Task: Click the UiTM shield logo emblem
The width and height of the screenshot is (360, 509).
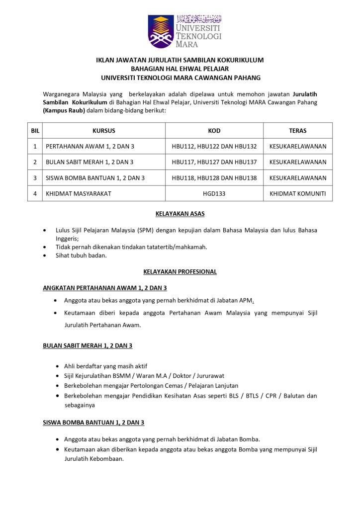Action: click(x=161, y=31)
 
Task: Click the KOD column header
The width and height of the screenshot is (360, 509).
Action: click(x=214, y=131)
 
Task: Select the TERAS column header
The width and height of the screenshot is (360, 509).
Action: click(x=297, y=131)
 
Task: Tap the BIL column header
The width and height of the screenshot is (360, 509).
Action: click(x=35, y=131)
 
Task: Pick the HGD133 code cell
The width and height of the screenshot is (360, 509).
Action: click(x=214, y=193)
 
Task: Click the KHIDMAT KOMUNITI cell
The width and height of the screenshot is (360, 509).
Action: click(x=297, y=193)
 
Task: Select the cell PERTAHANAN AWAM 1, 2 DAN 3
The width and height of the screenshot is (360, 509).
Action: click(x=90, y=146)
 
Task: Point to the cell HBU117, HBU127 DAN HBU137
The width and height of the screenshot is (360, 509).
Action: click(x=214, y=162)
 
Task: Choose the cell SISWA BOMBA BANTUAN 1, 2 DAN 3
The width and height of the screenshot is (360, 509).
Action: click(x=95, y=177)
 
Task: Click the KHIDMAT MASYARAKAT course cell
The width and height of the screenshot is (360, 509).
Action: click(x=79, y=193)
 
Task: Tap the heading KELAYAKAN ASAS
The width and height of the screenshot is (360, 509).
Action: click(x=180, y=214)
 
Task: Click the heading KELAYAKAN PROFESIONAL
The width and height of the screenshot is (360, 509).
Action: click(x=180, y=272)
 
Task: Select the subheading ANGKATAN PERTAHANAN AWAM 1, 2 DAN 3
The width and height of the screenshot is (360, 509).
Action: click(x=104, y=288)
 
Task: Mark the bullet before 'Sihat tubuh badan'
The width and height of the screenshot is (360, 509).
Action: click(x=46, y=255)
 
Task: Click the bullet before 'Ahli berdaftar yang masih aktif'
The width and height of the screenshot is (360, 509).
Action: click(x=57, y=366)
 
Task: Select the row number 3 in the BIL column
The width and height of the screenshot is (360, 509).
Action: click(x=35, y=177)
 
